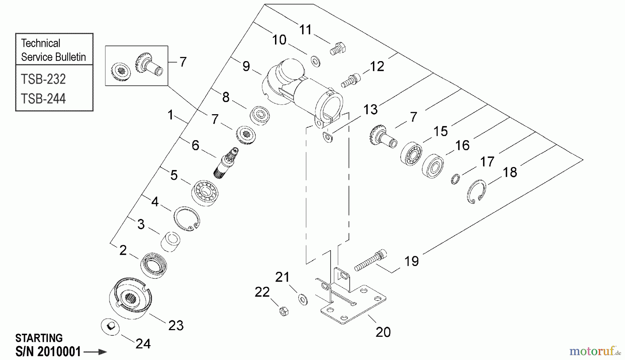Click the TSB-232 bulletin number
[x=43, y=79]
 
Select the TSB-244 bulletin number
[x=43, y=99]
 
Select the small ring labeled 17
[x=456, y=179]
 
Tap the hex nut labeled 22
[x=284, y=311]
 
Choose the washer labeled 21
[x=303, y=299]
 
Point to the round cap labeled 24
[x=110, y=327]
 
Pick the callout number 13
[x=370, y=110]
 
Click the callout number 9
[x=246, y=66]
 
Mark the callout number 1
[x=170, y=115]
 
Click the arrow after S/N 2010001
[x=95, y=352]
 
